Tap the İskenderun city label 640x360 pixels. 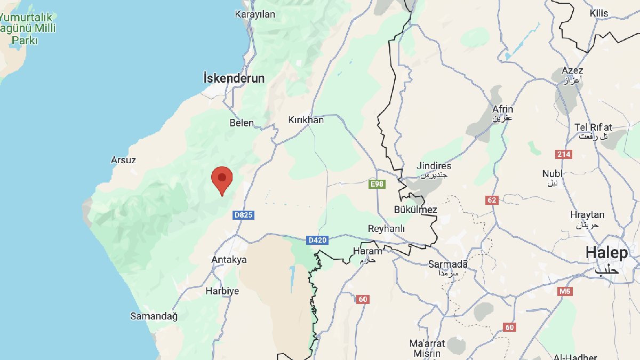pyautogui.click(x=234, y=78)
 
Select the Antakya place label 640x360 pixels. pyautogui.click(x=229, y=260)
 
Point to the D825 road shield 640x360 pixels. pyautogui.click(x=243, y=215)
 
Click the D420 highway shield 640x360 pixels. pyautogui.click(x=317, y=241)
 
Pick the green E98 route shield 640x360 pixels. pyautogui.click(x=377, y=184)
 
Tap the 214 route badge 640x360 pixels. pyautogui.click(x=564, y=154)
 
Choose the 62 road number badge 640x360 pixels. pyautogui.click(x=492, y=201)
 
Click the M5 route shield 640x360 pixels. pyautogui.click(x=564, y=291)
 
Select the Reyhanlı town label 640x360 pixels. pyautogui.click(x=387, y=229)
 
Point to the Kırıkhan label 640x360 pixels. pyautogui.click(x=306, y=120)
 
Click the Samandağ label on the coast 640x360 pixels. pyautogui.click(x=154, y=316)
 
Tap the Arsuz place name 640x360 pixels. pyautogui.click(x=123, y=160)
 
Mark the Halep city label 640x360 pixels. pyautogui.click(x=607, y=253)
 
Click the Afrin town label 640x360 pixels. pyautogui.click(x=502, y=109)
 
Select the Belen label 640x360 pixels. pyautogui.click(x=242, y=123)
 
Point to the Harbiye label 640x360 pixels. pyautogui.click(x=222, y=291)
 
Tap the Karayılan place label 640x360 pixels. pyautogui.click(x=255, y=14)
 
